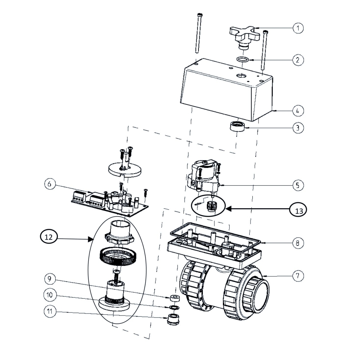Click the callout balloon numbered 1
(x=298, y=28)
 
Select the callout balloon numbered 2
(x=298, y=60)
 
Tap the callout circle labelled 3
(x=298, y=128)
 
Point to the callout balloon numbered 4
(x=298, y=111)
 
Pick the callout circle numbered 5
(x=298, y=185)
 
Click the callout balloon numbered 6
(x=50, y=184)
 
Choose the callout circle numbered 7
(x=298, y=276)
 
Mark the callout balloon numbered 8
(x=298, y=243)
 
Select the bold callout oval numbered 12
(x=49, y=237)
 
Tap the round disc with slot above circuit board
(x=125, y=170)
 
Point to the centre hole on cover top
(x=240, y=75)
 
